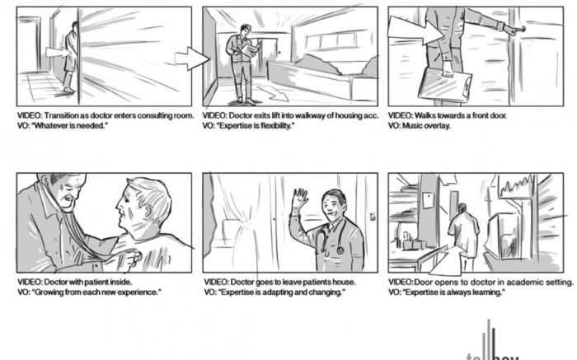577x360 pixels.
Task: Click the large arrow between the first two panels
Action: (193, 58)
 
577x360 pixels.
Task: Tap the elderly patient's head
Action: (147, 202)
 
